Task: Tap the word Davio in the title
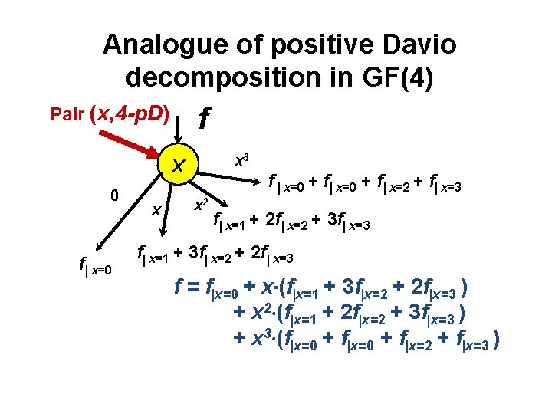click(x=419, y=45)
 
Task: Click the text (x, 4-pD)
click(x=130, y=115)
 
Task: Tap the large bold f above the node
click(x=204, y=118)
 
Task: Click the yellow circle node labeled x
click(x=178, y=164)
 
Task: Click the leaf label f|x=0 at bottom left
click(x=96, y=267)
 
